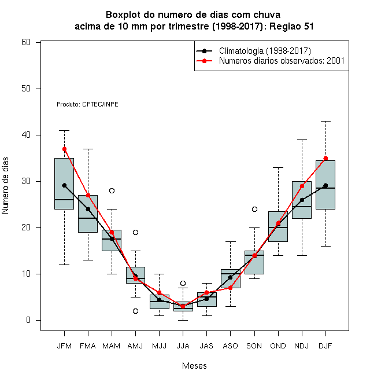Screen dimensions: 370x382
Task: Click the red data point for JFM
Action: tap(64, 149)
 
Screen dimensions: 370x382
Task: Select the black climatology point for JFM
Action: tap(64, 185)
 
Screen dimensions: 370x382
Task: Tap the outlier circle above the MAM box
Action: tap(112, 190)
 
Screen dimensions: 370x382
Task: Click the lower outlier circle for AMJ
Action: tap(136, 311)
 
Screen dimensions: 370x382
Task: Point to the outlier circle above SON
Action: tap(254, 209)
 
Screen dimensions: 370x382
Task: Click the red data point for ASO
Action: tap(230, 288)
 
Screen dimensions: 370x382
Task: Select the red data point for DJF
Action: tap(325, 159)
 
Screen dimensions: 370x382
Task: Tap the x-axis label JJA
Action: tap(183, 346)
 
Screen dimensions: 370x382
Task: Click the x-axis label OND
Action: tap(278, 346)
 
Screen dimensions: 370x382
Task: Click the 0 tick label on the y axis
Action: tap(28, 320)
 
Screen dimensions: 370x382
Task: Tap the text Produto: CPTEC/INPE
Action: tap(87, 104)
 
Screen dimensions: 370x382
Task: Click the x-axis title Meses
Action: tap(194, 366)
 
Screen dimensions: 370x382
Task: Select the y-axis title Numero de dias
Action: tap(5, 186)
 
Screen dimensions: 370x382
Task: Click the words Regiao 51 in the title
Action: tap(291, 26)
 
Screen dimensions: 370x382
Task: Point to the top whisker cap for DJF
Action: tap(325, 121)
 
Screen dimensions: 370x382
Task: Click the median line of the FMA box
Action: tap(88, 218)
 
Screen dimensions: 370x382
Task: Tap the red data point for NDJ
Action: tap(302, 186)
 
